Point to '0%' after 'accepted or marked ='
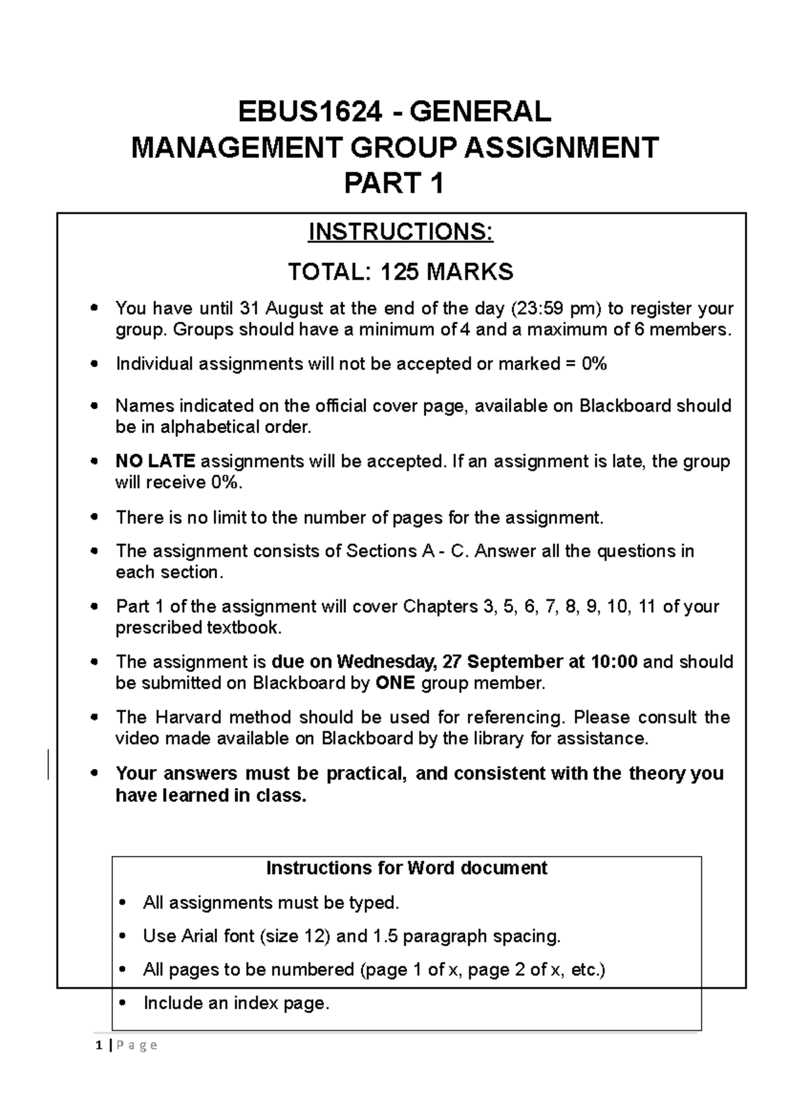[x=594, y=364]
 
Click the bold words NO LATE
[x=155, y=462]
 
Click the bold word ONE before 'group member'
[x=395, y=683]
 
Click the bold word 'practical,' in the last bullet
[x=366, y=773]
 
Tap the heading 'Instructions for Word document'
[x=406, y=868]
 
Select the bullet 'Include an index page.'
[x=235, y=1004]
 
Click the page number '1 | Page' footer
[x=126, y=1045]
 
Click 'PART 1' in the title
[x=394, y=184]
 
